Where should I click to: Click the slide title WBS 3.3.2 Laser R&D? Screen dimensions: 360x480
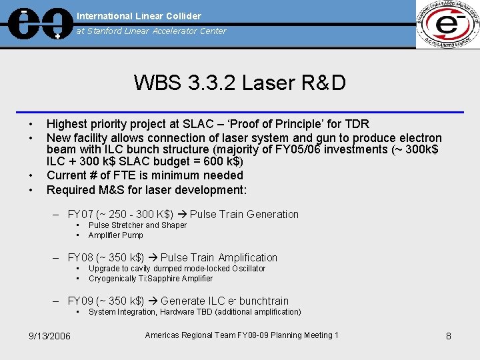pyautogui.click(x=239, y=83)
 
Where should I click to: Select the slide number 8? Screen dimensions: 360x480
pyautogui.click(x=449, y=336)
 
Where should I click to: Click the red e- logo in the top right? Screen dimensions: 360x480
pyautogui.click(x=447, y=25)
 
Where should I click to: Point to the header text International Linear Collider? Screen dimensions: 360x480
pyautogui.click(x=139, y=15)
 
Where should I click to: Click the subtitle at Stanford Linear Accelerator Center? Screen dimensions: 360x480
pyautogui.click(x=151, y=31)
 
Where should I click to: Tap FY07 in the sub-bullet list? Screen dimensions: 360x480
pyautogui.click(x=81, y=215)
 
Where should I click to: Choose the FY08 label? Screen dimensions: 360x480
pyautogui.click(x=81, y=258)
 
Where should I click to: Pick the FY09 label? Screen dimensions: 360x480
pyautogui.click(x=81, y=301)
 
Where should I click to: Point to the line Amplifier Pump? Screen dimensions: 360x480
pyautogui.click(x=115, y=235)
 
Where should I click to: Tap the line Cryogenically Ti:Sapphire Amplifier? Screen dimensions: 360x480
pyautogui.click(x=150, y=279)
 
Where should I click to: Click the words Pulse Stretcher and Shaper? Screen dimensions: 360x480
pyautogui.click(x=137, y=225)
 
